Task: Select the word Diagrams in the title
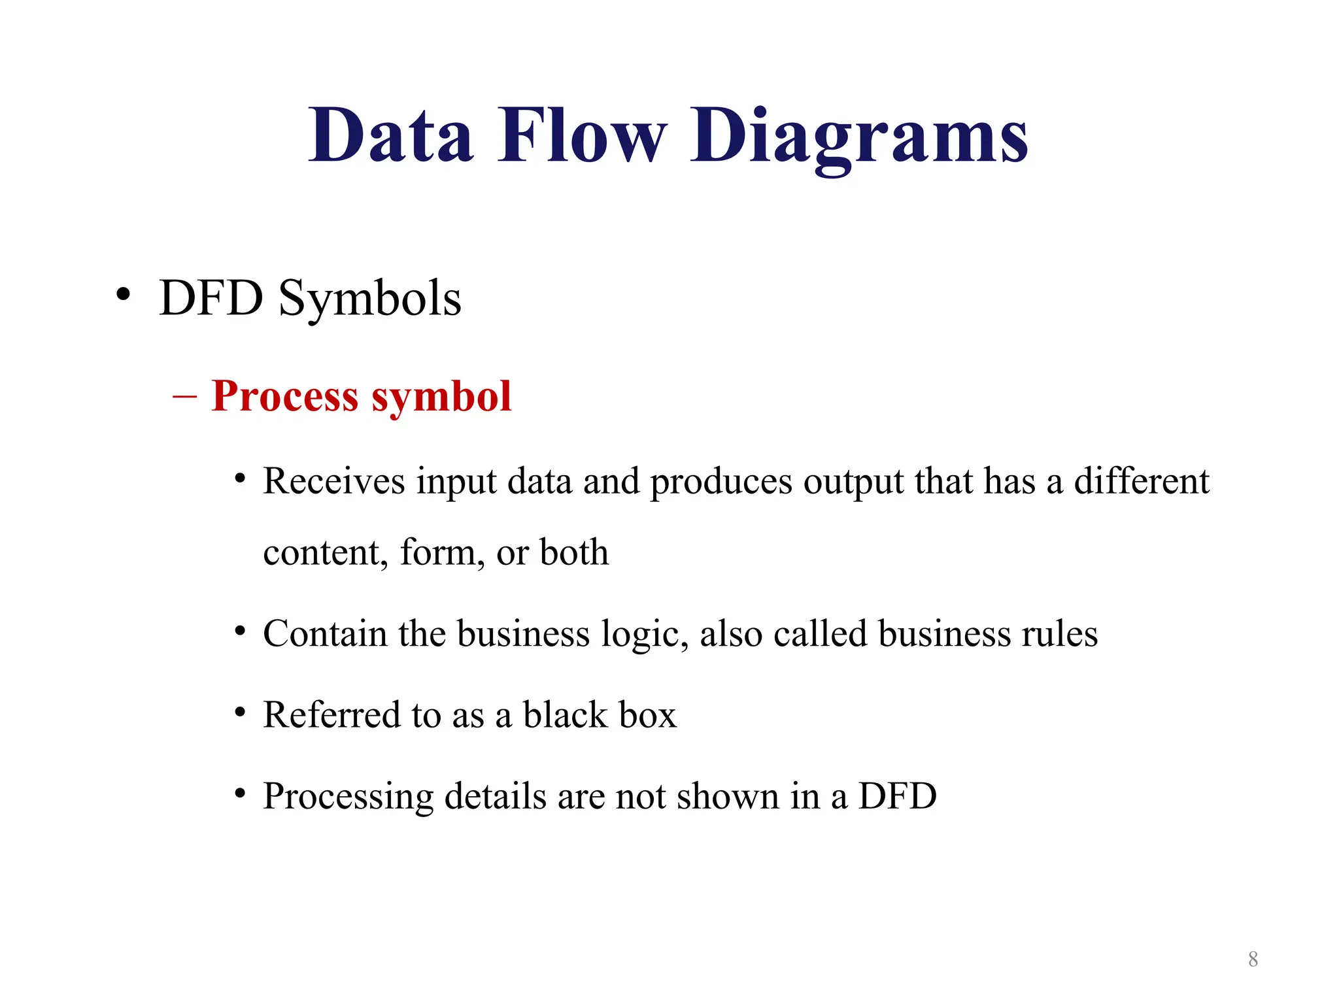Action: pyautogui.click(x=858, y=137)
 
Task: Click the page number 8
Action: pyautogui.click(x=1253, y=959)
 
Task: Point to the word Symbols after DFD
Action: pyautogui.click(x=370, y=299)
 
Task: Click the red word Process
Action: pyautogui.click(x=285, y=396)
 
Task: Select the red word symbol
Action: pyautogui.click(x=441, y=397)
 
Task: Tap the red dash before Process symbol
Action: pyautogui.click(x=184, y=396)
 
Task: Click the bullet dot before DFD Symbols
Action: pyautogui.click(x=123, y=295)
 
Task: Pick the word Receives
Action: pyautogui.click(x=334, y=481)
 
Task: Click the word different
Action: pyautogui.click(x=1142, y=481)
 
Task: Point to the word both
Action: pyautogui.click(x=574, y=552)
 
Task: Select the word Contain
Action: pyautogui.click(x=325, y=633)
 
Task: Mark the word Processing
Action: pyautogui.click(x=348, y=797)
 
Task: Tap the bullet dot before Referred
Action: pyautogui.click(x=241, y=712)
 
